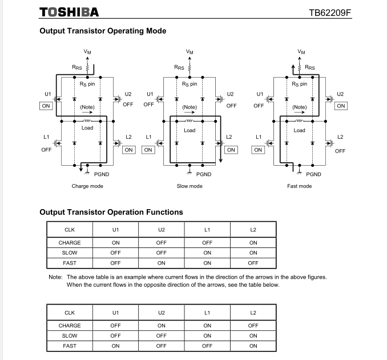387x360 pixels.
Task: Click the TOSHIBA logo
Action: [x=69, y=12]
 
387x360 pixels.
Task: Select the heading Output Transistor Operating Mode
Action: [x=103, y=31]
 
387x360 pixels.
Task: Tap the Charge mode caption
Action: [x=87, y=186]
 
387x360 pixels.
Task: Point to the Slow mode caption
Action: [x=190, y=186]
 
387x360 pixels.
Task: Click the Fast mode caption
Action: [x=299, y=186]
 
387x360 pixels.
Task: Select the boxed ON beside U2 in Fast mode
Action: [x=341, y=106]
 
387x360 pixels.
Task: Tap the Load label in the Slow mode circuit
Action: [x=190, y=131]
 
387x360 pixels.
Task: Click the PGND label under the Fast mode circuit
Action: [x=313, y=174]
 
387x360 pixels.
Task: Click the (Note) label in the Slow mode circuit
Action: [x=190, y=107]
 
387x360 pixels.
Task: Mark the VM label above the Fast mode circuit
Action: [x=301, y=51]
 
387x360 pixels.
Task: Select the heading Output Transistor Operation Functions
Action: [x=111, y=212]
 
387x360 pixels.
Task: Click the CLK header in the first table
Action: [x=70, y=230]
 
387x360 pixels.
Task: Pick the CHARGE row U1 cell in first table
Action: [x=115, y=243]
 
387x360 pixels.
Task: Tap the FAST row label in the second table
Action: [x=70, y=346]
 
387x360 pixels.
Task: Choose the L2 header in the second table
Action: [x=253, y=313]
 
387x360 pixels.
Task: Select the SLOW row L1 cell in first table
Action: [x=207, y=253]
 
